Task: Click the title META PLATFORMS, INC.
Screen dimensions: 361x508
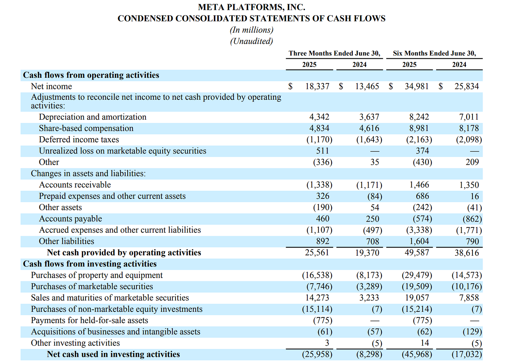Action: tap(251, 7)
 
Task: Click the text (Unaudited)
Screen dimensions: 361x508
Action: tap(251, 41)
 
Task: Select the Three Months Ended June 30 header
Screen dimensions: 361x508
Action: tap(334, 53)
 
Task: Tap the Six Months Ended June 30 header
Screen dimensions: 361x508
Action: tap(434, 53)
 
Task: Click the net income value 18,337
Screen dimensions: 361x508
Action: tap(317, 87)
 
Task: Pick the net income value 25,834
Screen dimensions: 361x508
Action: tap(466, 87)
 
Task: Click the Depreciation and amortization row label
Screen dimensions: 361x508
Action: tap(92, 117)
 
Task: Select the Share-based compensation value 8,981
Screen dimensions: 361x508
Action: tap(419, 128)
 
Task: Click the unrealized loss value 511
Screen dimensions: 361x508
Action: tap(322, 151)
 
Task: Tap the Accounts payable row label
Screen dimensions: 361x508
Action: tap(70, 219)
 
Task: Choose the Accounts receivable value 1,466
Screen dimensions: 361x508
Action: tap(419, 185)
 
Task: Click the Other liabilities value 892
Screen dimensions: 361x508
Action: tap(322, 241)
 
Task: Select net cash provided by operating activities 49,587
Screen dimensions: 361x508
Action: tap(417, 253)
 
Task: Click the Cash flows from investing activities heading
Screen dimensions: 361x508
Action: tap(90, 264)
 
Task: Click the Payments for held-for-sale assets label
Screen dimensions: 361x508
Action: tap(89, 321)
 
